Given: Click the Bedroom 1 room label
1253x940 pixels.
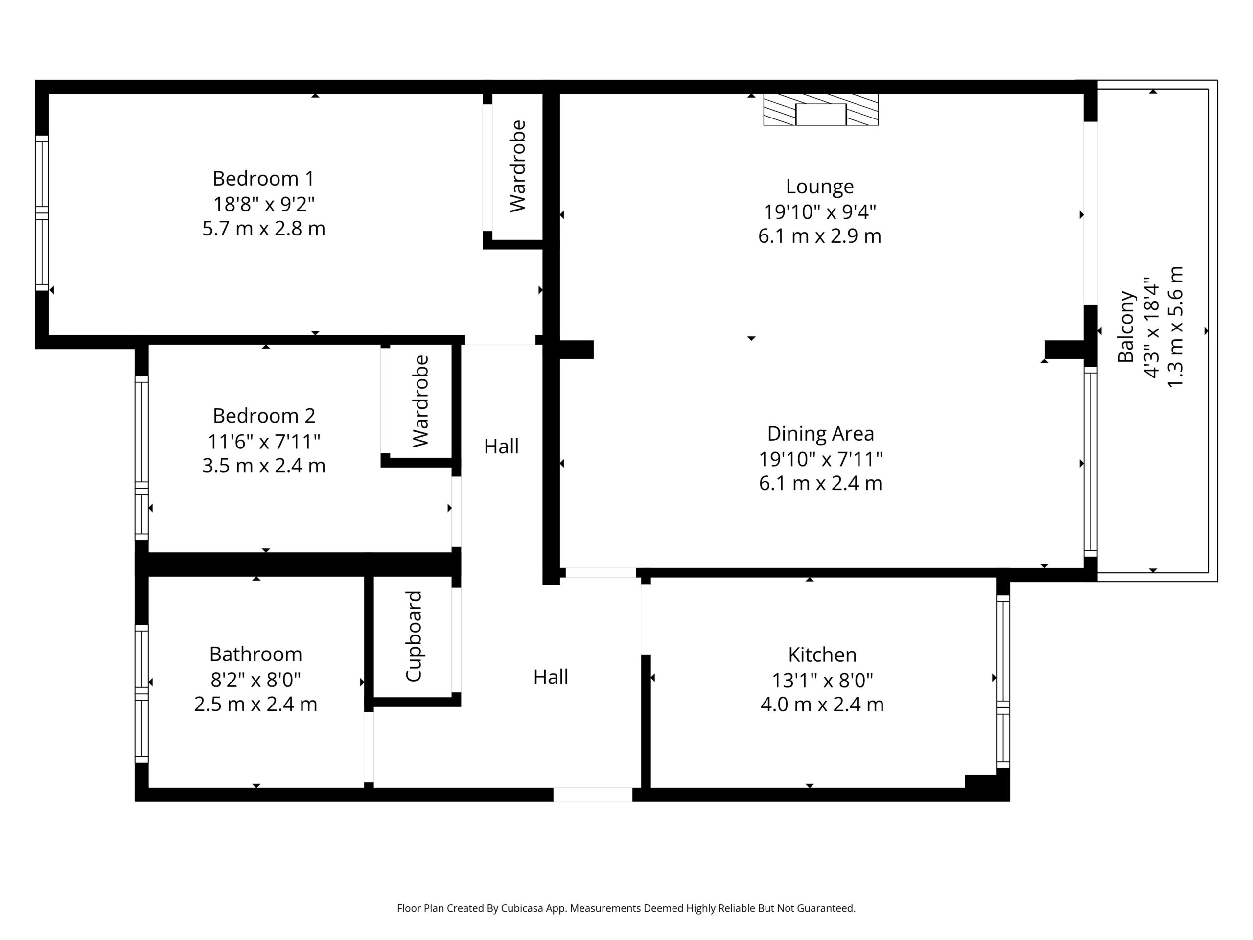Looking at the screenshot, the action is pyautogui.click(x=263, y=179).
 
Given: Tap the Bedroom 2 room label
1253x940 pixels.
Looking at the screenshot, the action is pyautogui.click(x=264, y=416).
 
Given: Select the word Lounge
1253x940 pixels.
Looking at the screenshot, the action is pyautogui.click(x=820, y=187).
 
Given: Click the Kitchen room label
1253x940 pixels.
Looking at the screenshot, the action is pyautogui.click(x=822, y=655).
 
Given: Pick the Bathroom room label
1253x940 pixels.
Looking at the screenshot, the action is pyautogui.click(x=255, y=655).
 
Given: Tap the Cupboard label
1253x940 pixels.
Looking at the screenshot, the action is pyautogui.click(x=414, y=636).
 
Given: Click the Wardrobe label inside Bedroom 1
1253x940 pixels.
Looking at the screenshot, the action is pyautogui.click(x=518, y=166).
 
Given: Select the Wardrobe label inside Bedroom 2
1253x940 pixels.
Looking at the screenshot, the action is pyautogui.click(x=420, y=401).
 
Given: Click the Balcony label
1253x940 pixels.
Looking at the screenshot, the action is pyautogui.click(x=1126, y=327).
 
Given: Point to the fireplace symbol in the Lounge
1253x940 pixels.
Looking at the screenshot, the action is pyautogui.click(x=821, y=109).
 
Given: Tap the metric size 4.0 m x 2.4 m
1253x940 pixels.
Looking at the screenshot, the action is pyautogui.click(x=822, y=705).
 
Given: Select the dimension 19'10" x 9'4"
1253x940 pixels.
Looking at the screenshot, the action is pyautogui.click(x=820, y=212).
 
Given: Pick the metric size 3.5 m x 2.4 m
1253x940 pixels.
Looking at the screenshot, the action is pyautogui.click(x=264, y=466).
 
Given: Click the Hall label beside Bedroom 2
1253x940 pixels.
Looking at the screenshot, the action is pyautogui.click(x=501, y=446).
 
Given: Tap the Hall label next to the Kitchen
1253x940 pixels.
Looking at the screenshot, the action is pyautogui.click(x=551, y=677).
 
